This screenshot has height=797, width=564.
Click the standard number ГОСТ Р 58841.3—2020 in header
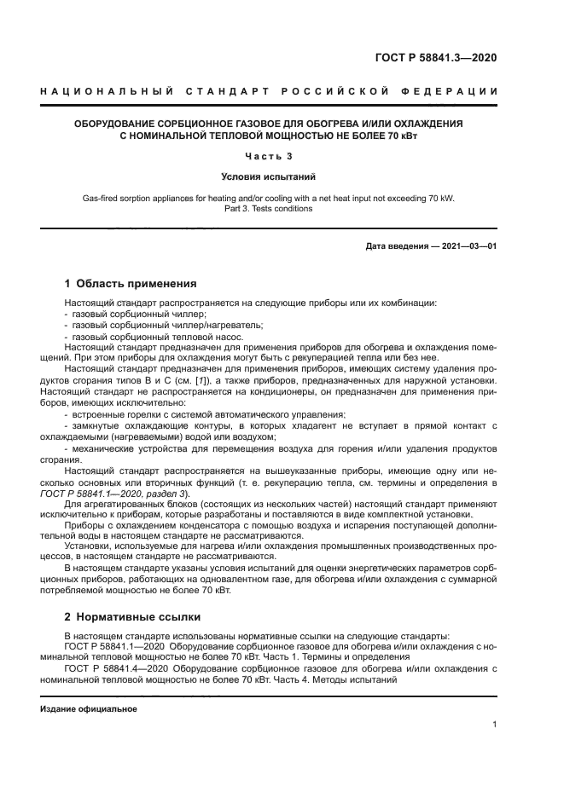(436, 58)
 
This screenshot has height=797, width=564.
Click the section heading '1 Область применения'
(131, 284)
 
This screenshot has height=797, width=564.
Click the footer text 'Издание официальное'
(89, 709)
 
